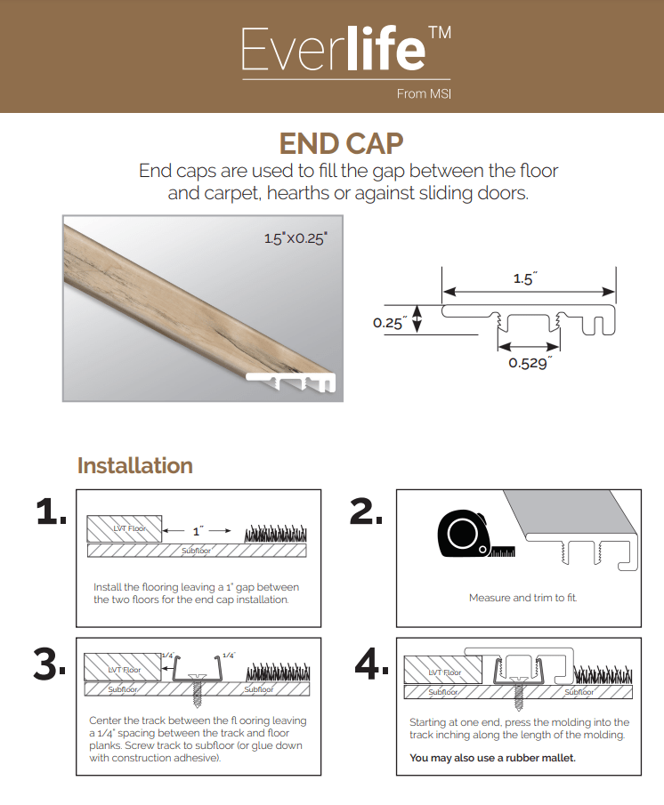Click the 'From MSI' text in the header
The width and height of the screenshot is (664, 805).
click(425, 93)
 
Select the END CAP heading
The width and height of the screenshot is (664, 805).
click(341, 144)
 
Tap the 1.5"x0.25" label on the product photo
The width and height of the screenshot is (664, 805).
click(296, 238)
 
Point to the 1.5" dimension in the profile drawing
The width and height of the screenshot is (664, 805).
click(525, 278)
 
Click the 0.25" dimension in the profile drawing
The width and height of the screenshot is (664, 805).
click(390, 322)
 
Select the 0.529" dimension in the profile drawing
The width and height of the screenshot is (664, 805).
click(530, 362)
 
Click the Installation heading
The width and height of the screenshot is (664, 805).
click(135, 465)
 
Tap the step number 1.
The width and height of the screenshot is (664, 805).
click(52, 511)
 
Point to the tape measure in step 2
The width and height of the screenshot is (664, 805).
click(465, 535)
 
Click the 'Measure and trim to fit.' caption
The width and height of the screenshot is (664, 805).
click(522, 598)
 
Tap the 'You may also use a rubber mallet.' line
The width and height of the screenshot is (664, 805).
click(492, 758)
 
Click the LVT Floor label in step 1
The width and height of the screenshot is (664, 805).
click(128, 529)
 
